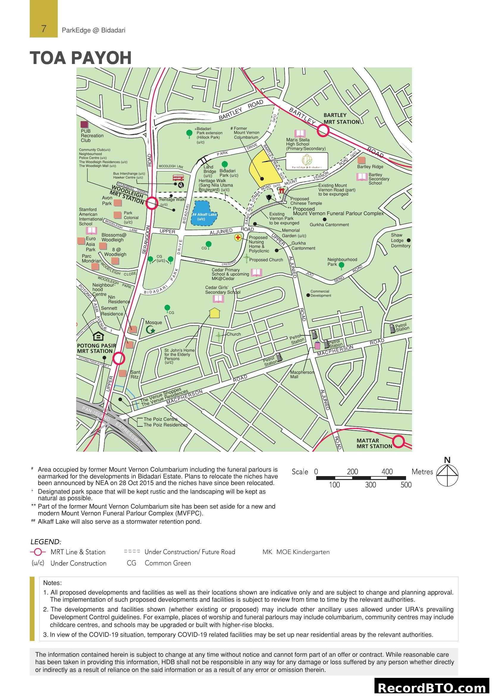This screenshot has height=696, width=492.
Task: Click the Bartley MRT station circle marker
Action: [323, 131]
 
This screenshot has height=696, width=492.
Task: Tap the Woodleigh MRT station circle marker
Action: [152, 204]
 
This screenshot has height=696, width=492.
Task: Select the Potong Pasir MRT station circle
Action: [119, 358]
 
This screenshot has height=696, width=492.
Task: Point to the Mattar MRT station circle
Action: [399, 441]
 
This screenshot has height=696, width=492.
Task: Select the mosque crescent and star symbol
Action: [150, 330]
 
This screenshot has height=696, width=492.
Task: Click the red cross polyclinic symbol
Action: [238, 238]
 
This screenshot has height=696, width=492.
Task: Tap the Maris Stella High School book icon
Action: [300, 133]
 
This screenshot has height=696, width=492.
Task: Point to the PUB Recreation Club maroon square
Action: [84, 125]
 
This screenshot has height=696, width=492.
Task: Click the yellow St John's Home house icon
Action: [214, 313]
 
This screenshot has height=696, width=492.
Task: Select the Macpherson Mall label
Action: [302, 374]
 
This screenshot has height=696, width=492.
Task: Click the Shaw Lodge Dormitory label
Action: [400, 240]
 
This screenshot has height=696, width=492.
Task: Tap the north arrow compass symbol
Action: [447, 475]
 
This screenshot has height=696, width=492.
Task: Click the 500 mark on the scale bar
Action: [406, 485]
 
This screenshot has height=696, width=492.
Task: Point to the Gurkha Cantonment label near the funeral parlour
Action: [329, 225]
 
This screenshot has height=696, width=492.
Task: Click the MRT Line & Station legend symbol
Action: [38, 552]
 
